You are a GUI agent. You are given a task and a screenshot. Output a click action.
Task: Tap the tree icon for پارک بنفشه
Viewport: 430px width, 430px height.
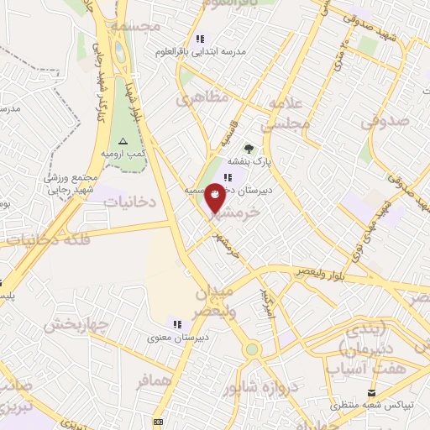click(x=248, y=149)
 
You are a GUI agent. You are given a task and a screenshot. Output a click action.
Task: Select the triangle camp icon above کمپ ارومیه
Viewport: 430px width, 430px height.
click(x=124, y=141)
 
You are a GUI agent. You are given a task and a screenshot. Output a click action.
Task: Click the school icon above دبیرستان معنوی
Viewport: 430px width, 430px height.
click(x=176, y=323)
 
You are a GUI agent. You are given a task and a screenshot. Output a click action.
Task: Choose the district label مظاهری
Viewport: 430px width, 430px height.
click(x=201, y=98)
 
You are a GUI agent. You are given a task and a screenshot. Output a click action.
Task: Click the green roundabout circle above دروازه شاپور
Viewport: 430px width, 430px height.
click(x=252, y=349)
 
